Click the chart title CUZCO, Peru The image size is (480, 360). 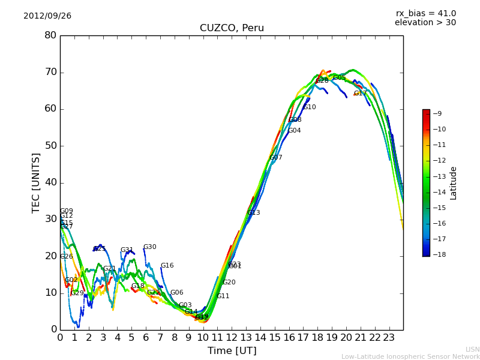pos(232,28)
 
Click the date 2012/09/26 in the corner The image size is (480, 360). pos(47,16)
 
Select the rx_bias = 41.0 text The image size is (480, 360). pos(425,13)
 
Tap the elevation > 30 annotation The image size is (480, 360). pos(425,23)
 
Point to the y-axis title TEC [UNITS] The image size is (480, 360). pos(37,182)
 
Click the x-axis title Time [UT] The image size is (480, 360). pos(232,351)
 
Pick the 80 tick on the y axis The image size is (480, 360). pos(50,35)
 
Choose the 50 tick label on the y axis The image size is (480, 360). pos(50,146)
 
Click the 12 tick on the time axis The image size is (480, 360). pos(232,337)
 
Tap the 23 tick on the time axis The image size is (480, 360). pos(389,337)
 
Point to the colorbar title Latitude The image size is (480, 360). pos(454,183)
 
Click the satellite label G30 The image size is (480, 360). pos(149,247)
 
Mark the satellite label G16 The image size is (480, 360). pos(167,266)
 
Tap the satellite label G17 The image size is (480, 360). pos(360,94)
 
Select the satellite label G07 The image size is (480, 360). pos(275,158)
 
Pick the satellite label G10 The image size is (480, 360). pos(309,107)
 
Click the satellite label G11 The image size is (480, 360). pos(223,296)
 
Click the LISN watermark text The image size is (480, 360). pos(472,349)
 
